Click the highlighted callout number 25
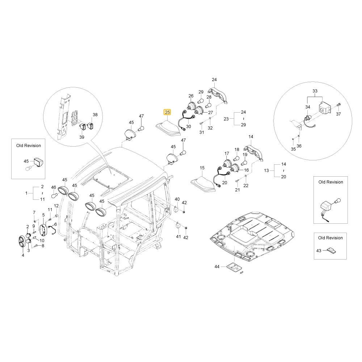[167, 113]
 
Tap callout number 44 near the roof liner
[217, 267]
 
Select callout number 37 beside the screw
[338, 114]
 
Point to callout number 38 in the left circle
[95, 115]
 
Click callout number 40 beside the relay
[177, 199]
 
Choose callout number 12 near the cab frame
[56, 206]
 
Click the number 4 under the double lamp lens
[23, 255]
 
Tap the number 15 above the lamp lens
[202, 168]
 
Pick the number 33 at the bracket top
[315, 91]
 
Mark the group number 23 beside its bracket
[226, 119]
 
